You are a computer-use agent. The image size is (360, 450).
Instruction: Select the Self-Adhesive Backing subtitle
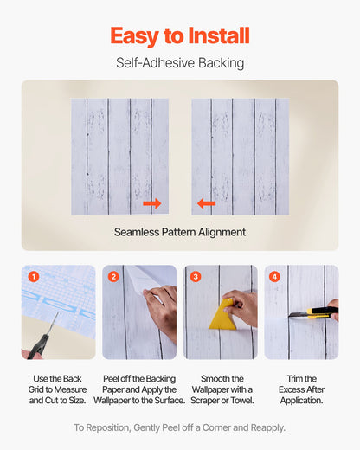[x=180, y=63]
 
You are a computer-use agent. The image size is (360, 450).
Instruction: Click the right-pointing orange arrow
[x=152, y=203]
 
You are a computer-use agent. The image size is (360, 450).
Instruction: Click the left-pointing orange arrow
[x=206, y=203]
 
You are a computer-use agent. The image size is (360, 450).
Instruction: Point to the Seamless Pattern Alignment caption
[x=180, y=232]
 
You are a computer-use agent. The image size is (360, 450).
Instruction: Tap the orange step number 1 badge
[x=34, y=277]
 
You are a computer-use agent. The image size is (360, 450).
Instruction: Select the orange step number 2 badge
[x=113, y=277]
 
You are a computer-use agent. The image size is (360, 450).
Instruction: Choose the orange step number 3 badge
[x=196, y=277]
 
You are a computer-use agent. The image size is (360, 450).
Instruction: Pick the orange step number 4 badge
[x=275, y=277]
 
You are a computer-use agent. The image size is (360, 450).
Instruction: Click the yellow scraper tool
[x=224, y=316]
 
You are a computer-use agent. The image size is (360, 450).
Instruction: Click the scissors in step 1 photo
[x=42, y=340]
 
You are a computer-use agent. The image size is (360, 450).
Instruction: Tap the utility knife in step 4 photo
[x=318, y=312]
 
